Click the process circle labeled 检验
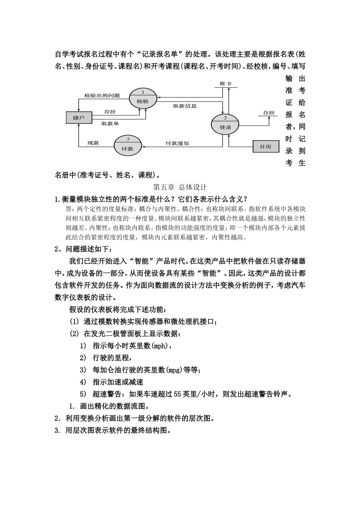[142, 99]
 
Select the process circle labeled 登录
[225, 125]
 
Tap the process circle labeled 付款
[128, 146]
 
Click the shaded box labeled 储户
[79, 117]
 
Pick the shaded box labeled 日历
[266, 146]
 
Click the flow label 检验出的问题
[102, 95]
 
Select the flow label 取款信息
[185, 106]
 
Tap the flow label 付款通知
[177, 143]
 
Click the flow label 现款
[93, 143]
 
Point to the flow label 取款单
[110, 124]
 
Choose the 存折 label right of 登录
[269, 113]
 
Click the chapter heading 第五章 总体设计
[180, 187]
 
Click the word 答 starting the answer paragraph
[68, 209]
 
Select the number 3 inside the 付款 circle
[128, 139]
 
